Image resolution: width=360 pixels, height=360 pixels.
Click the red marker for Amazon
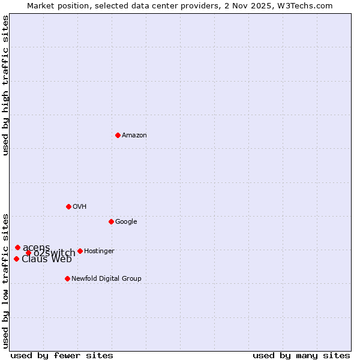pos(118,135)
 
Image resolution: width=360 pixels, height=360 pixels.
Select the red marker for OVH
pos(68,206)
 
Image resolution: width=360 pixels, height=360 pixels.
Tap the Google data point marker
pos(111,221)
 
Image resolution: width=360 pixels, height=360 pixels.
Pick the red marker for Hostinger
pos(80,251)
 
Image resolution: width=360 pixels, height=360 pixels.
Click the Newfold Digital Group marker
pos(67,278)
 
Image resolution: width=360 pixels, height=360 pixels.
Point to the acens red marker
pos(17,247)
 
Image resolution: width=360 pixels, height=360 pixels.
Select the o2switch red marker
pos(28,253)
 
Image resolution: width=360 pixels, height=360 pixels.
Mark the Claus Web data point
pos(16,259)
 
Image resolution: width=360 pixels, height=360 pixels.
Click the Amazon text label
pos(134,136)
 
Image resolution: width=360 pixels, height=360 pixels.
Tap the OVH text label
pos(80,207)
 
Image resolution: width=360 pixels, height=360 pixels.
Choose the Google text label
pos(126,222)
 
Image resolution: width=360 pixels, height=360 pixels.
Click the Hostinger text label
pos(99,251)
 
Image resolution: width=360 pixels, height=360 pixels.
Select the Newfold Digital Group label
pos(106,279)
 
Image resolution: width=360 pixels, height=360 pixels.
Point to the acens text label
pos(36,248)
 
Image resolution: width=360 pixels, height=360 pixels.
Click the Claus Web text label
pos(47,259)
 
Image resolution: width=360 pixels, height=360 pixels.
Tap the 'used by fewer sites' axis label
pos(62,355)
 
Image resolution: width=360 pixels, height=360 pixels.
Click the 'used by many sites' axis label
pos(301,355)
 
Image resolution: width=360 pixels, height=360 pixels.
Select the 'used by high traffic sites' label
pos(6,85)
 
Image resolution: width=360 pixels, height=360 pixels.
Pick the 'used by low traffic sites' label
pos(6,280)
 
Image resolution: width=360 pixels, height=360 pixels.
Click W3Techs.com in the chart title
pos(310,5)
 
